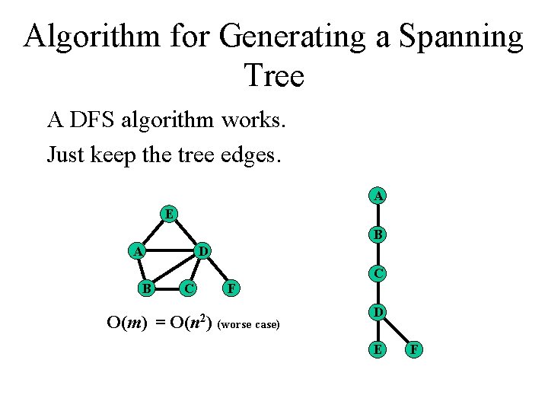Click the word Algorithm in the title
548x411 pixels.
pos(94,37)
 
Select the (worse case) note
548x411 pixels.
pos(249,325)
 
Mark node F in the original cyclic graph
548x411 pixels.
pos(233,288)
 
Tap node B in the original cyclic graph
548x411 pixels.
pos(145,288)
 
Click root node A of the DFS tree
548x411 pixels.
pos(378,196)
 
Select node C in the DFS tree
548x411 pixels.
pos(378,272)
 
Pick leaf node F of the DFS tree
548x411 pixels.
pos(416,350)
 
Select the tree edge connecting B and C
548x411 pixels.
pos(378,253)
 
